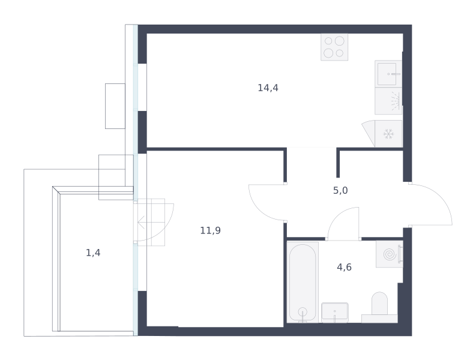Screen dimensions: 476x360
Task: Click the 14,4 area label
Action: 268,88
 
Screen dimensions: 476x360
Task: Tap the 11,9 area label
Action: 210,230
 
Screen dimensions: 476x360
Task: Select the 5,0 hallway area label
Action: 340,191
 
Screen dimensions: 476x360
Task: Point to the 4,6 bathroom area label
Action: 345,267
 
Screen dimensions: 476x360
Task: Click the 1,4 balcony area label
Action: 93,253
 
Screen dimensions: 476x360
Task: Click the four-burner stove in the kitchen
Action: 334,47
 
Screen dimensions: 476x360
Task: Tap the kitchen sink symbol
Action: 388,74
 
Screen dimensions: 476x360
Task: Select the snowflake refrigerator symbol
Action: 388,134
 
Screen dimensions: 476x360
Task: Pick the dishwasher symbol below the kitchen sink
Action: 388,101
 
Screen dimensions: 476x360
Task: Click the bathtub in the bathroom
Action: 303,282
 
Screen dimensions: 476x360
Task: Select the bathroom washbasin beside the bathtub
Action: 335,313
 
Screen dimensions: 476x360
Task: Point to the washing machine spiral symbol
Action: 390,254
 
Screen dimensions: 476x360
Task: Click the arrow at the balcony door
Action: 142,223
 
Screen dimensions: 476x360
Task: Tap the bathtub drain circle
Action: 303,312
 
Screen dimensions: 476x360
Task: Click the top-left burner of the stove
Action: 328,41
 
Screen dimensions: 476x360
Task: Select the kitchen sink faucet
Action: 394,74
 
